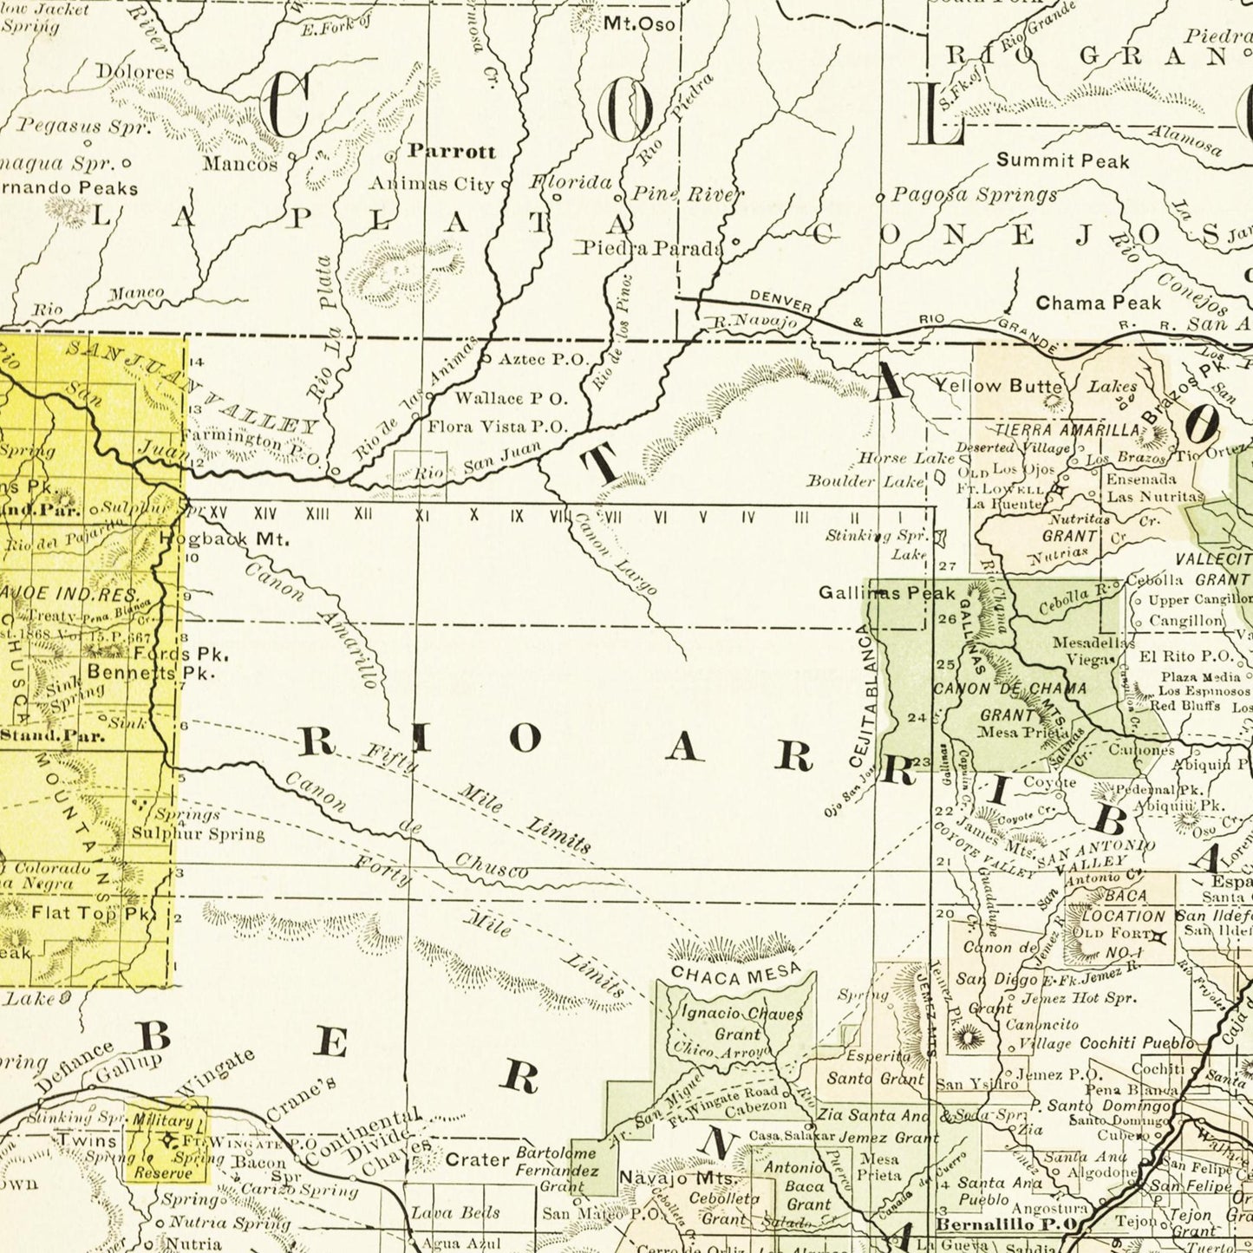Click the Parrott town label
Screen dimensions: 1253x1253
(x=452, y=151)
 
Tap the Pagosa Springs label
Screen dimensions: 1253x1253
(x=975, y=194)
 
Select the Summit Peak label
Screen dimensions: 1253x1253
(x=1062, y=160)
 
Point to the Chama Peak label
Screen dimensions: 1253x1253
(x=1098, y=303)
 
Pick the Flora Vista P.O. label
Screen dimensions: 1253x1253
(x=498, y=426)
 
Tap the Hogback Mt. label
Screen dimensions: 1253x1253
(x=225, y=538)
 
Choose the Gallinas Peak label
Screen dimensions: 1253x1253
(x=886, y=593)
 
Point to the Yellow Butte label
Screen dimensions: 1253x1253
(x=997, y=386)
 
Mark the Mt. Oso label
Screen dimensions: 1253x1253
(x=639, y=23)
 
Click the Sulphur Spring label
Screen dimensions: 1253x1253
(x=198, y=833)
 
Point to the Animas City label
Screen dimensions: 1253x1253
(x=431, y=183)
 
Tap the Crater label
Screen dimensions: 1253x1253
(x=477, y=1159)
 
